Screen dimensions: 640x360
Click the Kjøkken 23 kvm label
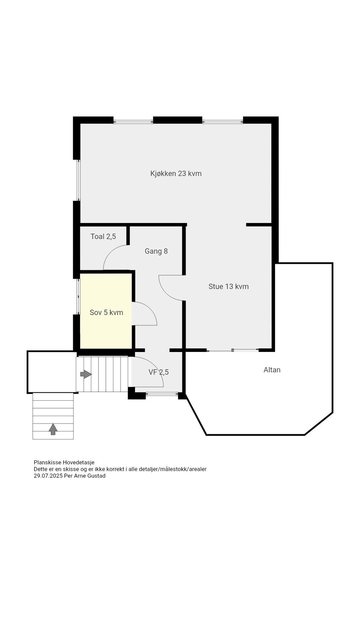click(x=176, y=174)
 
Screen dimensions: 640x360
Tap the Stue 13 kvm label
click(x=229, y=286)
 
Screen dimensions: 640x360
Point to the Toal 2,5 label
click(x=103, y=236)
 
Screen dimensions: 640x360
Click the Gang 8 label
click(x=156, y=251)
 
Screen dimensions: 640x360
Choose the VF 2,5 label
click(x=158, y=372)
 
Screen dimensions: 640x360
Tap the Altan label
click(x=272, y=370)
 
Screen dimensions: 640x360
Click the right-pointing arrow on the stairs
click(x=86, y=374)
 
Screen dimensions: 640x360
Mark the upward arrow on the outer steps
click(x=53, y=429)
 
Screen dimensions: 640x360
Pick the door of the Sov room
click(x=144, y=314)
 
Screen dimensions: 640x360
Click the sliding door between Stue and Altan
click(x=233, y=351)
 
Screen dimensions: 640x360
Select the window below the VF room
click(x=162, y=394)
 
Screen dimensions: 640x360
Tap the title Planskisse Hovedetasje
click(x=64, y=463)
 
